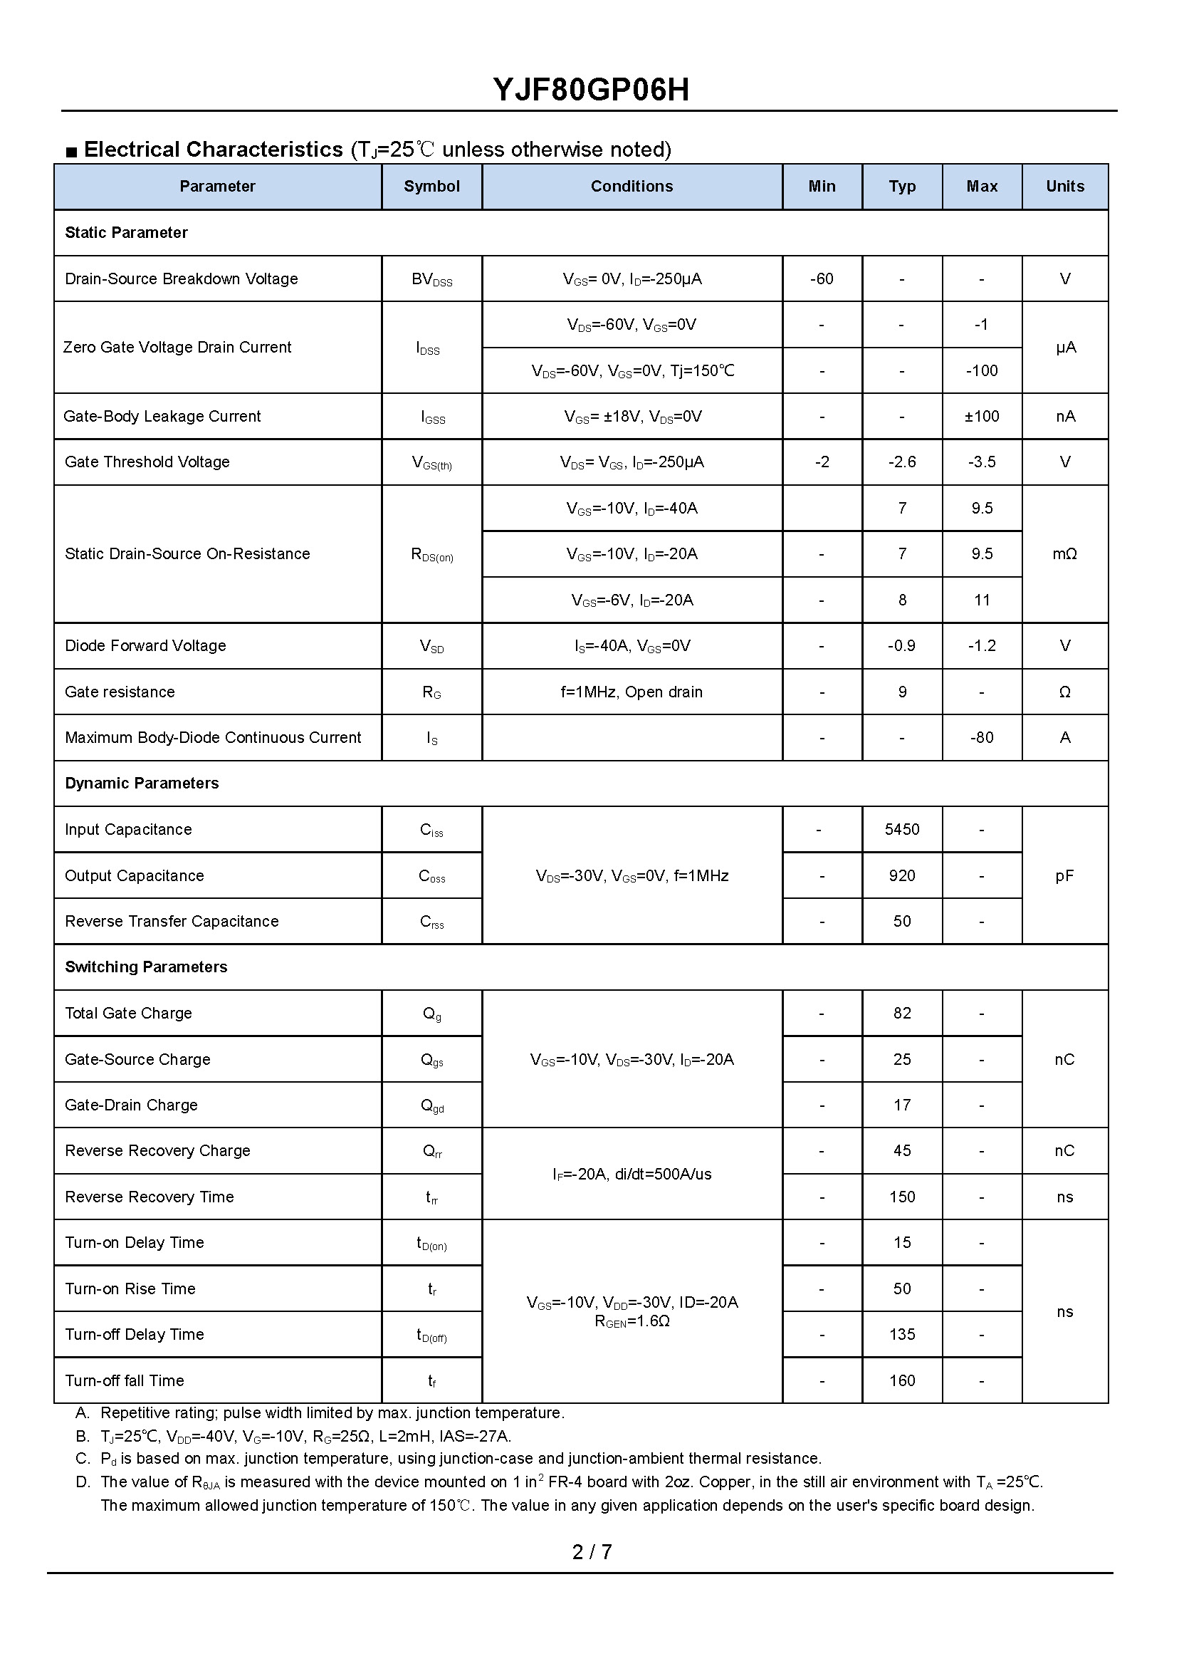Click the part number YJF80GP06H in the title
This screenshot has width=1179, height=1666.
(591, 90)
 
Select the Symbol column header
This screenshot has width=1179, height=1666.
(431, 187)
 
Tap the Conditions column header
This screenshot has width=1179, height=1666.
(632, 187)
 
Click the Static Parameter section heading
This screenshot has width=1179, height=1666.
(126, 233)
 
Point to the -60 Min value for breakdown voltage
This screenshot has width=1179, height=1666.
(821, 279)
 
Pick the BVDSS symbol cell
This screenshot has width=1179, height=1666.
(431, 280)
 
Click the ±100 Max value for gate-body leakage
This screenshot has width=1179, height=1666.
(982, 417)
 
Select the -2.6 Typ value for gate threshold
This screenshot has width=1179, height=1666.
(901, 462)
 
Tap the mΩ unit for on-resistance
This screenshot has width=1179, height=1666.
(1064, 554)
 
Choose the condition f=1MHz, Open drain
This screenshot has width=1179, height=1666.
(632, 692)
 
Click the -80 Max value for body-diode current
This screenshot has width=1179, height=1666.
(982, 738)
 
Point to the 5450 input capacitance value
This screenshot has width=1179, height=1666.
(901, 829)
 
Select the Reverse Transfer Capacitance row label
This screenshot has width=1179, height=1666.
(172, 922)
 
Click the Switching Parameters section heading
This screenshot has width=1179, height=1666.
(146, 967)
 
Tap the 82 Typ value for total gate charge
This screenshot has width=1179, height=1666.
(901, 1013)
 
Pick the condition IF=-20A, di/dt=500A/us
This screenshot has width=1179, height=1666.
(632, 1175)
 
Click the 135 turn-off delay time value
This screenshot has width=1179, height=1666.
(901, 1335)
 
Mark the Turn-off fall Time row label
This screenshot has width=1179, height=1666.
(124, 1380)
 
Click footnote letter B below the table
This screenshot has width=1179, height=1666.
(82, 1437)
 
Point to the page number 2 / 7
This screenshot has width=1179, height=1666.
(592, 1552)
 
